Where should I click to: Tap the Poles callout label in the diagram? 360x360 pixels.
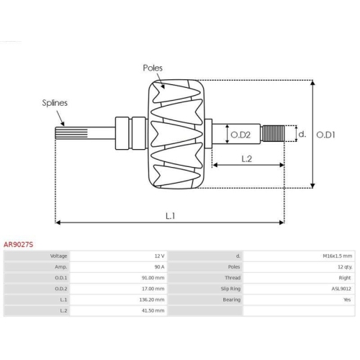coord(152,68)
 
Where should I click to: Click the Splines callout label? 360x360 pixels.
coord(54,103)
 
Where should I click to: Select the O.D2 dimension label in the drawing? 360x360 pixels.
coord(240,134)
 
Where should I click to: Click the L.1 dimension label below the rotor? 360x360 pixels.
coord(170,215)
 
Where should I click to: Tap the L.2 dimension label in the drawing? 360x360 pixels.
coord(246,158)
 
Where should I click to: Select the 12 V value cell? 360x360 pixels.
coord(159,256)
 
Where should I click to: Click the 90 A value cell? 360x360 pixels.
coord(158,266)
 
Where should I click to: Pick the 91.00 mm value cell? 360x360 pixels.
coord(154,277)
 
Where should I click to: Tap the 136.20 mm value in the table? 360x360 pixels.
coord(153,299)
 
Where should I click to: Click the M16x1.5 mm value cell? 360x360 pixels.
coord(336,256)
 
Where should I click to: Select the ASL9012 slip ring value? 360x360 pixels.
coord(341,288)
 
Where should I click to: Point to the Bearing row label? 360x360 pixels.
coord(230,299)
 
